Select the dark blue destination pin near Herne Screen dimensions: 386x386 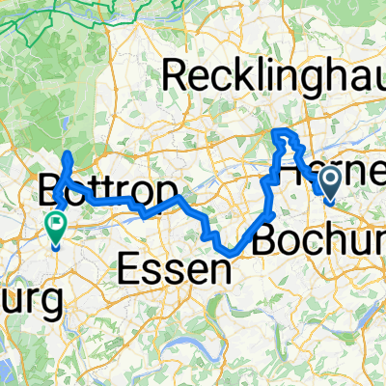click(330, 180)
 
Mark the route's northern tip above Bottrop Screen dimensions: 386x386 click(66, 154)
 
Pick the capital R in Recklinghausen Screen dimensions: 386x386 click(176, 75)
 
